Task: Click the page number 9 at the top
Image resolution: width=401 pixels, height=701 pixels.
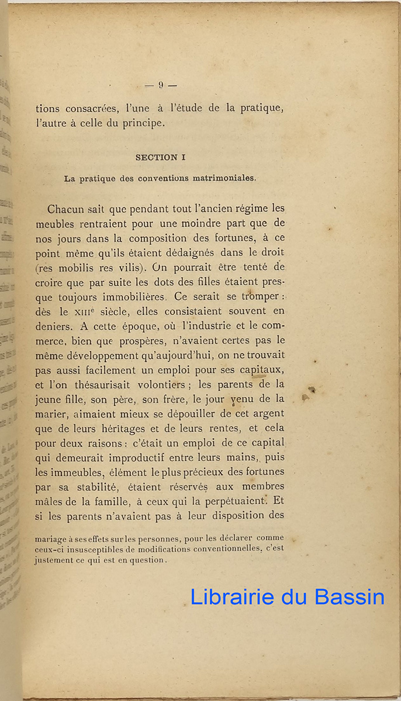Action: point(160,85)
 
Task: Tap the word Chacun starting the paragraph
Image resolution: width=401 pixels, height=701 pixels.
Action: point(67,209)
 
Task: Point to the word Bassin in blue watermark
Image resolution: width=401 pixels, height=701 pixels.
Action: point(349,596)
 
